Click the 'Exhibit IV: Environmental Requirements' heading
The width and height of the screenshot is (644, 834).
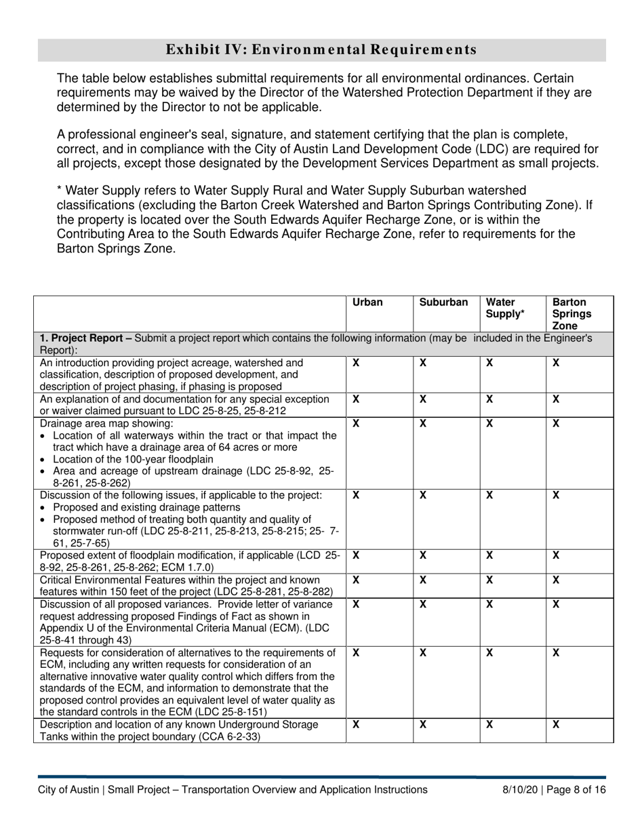pyautogui.click(x=321, y=49)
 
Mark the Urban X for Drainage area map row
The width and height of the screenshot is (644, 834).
pyautogui.click(x=357, y=424)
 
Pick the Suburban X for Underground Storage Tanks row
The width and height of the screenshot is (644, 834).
pyautogui.click(x=422, y=725)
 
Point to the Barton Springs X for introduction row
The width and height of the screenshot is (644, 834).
pyautogui.click(x=557, y=363)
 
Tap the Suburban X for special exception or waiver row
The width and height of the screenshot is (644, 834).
pyautogui.click(x=422, y=400)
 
